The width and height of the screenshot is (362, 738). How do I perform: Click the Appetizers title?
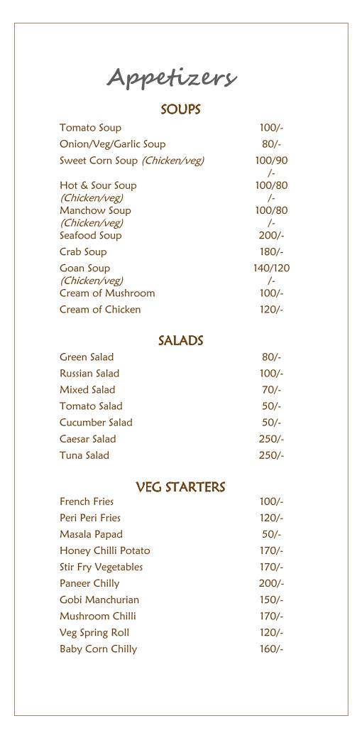click(172, 77)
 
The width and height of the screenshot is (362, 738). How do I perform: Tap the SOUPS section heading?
click(180, 109)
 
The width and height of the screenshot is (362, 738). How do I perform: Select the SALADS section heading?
click(180, 341)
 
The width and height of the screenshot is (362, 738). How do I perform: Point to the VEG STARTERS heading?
click(180, 487)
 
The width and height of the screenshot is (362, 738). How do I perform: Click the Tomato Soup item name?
click(90, 128)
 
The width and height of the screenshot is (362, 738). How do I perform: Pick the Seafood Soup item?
click(90, 235)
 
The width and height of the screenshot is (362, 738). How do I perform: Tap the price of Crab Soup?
click(271, 251)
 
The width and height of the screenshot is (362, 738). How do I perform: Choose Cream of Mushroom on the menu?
click(107, 293)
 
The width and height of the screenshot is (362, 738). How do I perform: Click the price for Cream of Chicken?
click(271, 309)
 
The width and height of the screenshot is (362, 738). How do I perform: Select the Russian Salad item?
click(89, 373)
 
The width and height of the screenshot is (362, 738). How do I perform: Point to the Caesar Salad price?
click(271, 438)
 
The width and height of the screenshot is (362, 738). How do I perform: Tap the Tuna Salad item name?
click(84, 455)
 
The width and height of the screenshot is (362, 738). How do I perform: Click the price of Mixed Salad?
click(271, 389)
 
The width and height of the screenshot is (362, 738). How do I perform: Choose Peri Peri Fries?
click(90, 518)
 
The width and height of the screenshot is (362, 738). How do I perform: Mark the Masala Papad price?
click(271, 534)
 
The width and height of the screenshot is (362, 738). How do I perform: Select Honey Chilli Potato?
click(104, 550)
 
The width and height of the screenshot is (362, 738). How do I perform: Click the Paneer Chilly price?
click(271, 583)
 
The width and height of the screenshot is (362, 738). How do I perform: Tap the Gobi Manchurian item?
click(99, 599)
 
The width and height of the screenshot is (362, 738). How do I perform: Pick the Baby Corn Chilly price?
click(271, 649)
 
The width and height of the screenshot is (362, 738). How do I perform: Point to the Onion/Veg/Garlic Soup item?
click(112, 144)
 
